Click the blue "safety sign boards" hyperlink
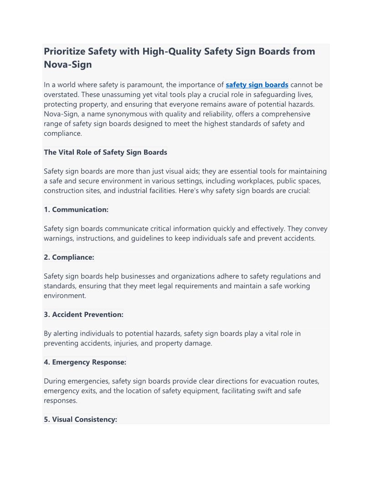[257, 85]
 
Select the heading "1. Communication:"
[76, 210]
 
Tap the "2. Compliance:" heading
[69, 257]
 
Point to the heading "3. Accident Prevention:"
[83, 315]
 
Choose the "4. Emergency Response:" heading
[85, 363]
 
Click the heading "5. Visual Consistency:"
[80, 420]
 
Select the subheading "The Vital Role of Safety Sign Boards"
[105, 153]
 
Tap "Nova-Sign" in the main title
[67, 65]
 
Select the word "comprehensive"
[278, 114]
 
